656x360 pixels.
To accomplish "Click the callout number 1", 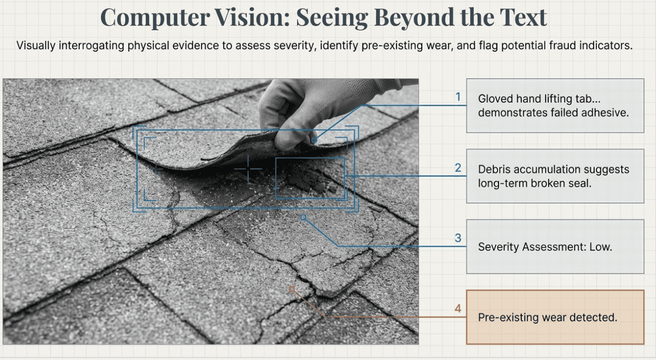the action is pyautogui.click(x=458, y=97).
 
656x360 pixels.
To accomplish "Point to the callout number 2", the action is pyautogui.click(x=458, y=168).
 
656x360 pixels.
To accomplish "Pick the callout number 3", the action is pyautogui.click(x=458, y=238).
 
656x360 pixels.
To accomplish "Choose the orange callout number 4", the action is pyautogui.click(x=458, y=309).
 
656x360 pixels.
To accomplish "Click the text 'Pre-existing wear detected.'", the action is pyautogui.click(x=547, y=318).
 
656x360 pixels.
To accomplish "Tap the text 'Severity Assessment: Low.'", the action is pyautogui.click(x=544, y=247).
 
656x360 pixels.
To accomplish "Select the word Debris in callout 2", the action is pyautogui.click(x=494, y=170).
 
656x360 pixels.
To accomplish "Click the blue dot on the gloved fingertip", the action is pyautogui.click(x=314, y=141).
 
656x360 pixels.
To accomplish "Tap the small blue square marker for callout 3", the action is pyautogui.click(x=303, y=217).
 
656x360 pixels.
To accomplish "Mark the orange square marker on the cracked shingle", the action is pyautogui.click(x=292, y=289).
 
